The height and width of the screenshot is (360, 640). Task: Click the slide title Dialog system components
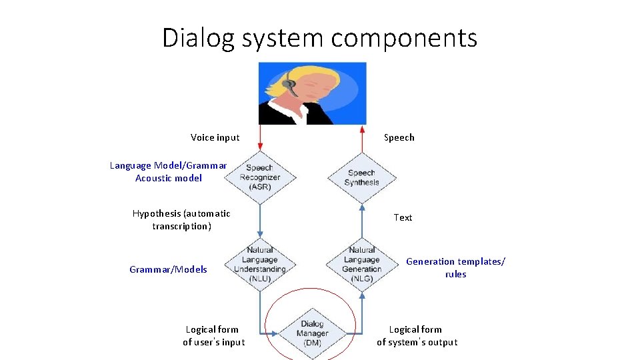pos(319,37)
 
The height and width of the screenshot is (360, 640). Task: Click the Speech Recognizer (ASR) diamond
pos(259,177)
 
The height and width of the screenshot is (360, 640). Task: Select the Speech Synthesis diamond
pos(362,177)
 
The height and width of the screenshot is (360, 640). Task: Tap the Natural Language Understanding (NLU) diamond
pos(259,265)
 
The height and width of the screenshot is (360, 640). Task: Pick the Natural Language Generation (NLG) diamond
pos(362,265)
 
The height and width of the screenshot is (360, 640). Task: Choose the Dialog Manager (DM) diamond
pos(311,333)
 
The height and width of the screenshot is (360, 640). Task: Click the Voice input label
pos(215,137)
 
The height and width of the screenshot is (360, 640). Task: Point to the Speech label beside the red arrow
pos(399,137)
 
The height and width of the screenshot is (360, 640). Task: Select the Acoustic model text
pos(168,178)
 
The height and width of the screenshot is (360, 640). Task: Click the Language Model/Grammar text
pos(168,165)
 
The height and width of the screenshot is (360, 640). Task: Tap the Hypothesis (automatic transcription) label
pos(181,220)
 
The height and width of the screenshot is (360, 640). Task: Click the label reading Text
pos(403,217)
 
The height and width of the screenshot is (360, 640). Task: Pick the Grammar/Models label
pos(168,269)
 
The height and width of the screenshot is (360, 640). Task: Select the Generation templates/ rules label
pos(455,268)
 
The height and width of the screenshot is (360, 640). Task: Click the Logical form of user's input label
pos(213,335)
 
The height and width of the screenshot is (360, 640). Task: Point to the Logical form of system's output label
pos(417,335)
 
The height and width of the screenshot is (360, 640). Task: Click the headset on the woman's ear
pos(289,84)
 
